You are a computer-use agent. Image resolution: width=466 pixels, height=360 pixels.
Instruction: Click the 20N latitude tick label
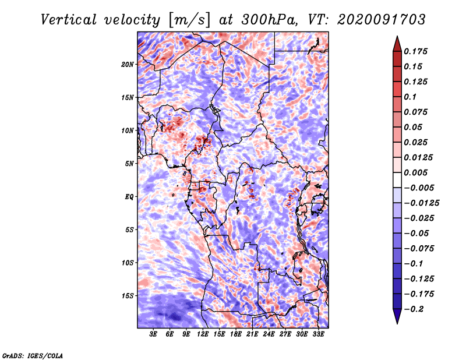click(x=128, y=65)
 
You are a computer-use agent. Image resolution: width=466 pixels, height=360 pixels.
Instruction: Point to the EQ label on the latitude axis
click(x=129, y=197)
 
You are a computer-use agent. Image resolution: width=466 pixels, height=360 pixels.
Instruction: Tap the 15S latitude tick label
click(x=128, y=296)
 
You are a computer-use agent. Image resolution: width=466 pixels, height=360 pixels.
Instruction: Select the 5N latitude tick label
click(x=129, y=164)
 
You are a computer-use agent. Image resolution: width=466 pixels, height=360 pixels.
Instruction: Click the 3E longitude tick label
click(x=153, y=334)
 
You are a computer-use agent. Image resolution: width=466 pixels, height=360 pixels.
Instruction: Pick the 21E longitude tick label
click(x=252, y=334)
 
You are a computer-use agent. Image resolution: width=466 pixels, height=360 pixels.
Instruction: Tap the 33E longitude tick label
click(x=318, y=334)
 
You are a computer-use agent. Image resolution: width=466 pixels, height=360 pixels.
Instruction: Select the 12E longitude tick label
click(x=203, y=334)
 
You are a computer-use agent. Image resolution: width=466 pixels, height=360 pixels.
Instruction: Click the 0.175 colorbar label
click(x=415, y=51)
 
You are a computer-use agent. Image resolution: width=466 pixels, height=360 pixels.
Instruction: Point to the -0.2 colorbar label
click(x=414, y=309)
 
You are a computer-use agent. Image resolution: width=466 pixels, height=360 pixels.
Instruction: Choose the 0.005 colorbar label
click(x=415, y=172)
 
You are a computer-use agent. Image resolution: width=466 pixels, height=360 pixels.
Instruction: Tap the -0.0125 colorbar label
click(x=421, y=203)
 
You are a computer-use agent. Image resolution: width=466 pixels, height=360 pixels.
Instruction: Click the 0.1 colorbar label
click(x=410, y=97)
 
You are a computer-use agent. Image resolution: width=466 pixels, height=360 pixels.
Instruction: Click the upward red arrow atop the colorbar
click(x=397, y=44)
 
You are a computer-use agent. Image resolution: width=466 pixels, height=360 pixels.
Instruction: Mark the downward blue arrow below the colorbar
click(x=397, y=316)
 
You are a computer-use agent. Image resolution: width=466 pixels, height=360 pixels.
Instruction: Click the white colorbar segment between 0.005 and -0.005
click(x=397, y=180)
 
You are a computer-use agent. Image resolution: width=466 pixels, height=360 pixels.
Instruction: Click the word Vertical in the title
click(x=69, y=20)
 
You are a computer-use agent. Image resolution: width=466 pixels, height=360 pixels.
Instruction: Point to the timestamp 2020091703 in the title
click(x=382, y=20)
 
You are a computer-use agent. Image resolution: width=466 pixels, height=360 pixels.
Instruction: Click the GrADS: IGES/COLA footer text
click(x=33, y=356)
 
